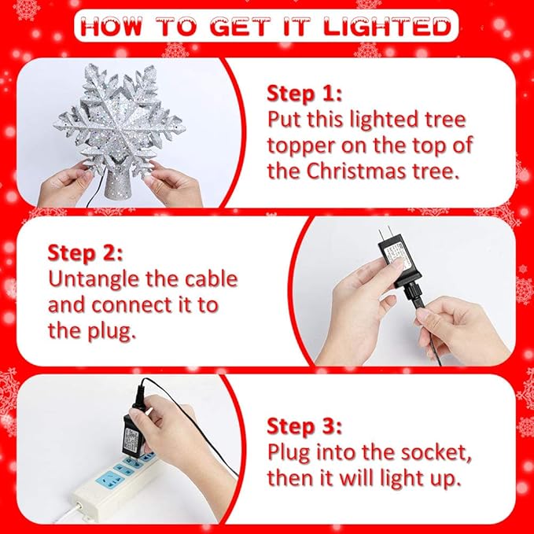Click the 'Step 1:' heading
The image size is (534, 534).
click(x=304, y=94)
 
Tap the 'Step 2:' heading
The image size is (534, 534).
click(x=85, y=253)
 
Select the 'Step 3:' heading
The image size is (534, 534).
click(x=304, y=426)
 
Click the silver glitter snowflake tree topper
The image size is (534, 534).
click(x=126, y=118)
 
